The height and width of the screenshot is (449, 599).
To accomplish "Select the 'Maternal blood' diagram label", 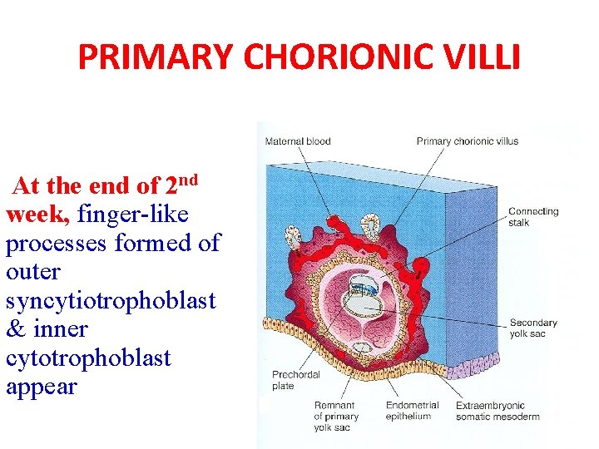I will pos(297,141).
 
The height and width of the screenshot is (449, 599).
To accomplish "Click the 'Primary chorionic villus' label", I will pos(467,141).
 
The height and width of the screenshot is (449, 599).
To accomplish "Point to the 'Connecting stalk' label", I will pos(533,217).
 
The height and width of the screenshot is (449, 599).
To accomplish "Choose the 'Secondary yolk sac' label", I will pos(533,328).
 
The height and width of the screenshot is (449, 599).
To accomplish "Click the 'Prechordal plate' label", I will pos(295,381).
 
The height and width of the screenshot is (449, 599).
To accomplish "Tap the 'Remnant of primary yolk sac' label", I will pos(336,417).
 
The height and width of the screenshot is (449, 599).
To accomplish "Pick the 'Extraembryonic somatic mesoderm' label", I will pos(498,412).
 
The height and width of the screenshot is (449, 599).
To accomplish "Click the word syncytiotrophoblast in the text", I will pos(111,301).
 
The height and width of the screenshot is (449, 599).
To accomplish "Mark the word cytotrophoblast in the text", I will pos(88,358).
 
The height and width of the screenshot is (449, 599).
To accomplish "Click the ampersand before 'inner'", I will pos(15,329).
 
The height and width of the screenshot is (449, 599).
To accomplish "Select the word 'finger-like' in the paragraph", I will pos(133,215).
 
